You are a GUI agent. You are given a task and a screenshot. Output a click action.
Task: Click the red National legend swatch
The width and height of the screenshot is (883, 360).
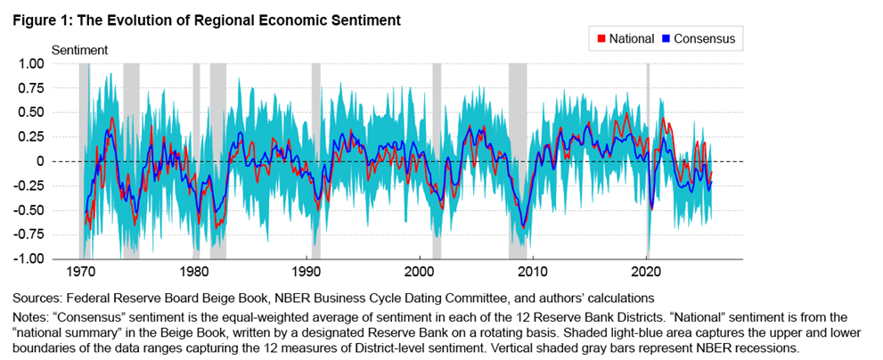pos(601,39)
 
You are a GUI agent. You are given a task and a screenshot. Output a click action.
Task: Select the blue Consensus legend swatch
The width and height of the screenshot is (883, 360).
pos(666,39)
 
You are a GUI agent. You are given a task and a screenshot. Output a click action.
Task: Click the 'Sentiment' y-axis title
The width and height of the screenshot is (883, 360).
pos(79,50)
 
